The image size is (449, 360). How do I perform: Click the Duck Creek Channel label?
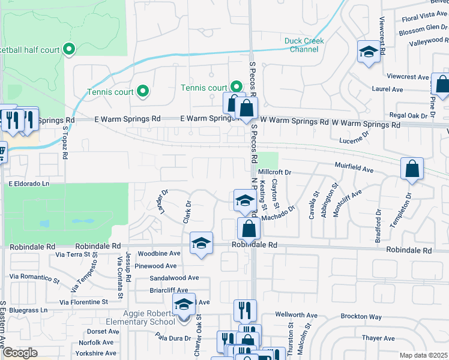pos(304,45)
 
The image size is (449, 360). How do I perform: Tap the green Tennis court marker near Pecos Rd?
pos(237,88)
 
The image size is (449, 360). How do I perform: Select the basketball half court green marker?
pos(68,49)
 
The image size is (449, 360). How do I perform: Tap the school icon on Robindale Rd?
pos(201,243)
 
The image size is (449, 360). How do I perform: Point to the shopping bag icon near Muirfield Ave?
pos(412,169)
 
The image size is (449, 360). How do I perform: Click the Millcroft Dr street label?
pos(276,172)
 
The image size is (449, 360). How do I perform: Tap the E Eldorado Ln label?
pos(28,183)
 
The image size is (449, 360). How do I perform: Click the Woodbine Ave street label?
pos(158,253)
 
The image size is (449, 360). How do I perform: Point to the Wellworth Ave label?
pos(296,314)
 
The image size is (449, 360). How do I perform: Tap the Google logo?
pos(20,353)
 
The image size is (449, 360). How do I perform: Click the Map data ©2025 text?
pos(424,355)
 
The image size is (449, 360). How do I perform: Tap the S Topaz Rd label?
pos(65,142)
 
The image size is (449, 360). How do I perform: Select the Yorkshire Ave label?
pos(92,353)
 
